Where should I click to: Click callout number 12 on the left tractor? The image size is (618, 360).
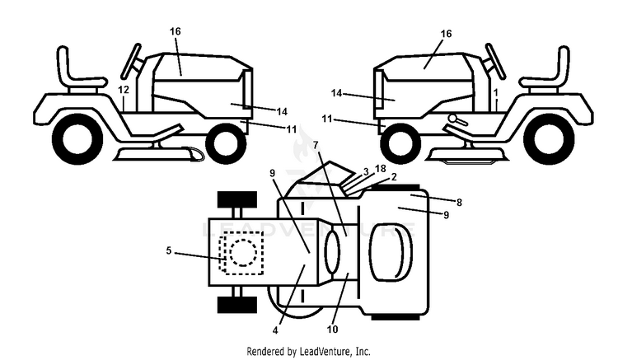tap(124, 90)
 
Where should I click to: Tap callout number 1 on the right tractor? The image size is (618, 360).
tap(496, 93)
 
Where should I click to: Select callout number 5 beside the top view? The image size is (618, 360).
tap(169, 250)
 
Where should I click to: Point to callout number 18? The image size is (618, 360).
tap(381, 169)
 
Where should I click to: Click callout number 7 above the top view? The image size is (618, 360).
tap(316, 145)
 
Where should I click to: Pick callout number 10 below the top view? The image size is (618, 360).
tap(332, 329)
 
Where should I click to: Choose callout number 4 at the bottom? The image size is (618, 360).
tap(275, 330)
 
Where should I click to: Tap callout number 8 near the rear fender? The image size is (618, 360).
tap(459, 203)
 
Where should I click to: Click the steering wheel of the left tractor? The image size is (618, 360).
tap(131, 60)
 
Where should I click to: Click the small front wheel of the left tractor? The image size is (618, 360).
tap(226, 144)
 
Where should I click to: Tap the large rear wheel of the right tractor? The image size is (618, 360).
tap(549, 138)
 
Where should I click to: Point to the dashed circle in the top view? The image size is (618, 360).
tap(243, 253)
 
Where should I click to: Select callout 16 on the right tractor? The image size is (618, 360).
tap(446, 34)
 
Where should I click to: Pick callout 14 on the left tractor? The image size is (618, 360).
tap(282, 111)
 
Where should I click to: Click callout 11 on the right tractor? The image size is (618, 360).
tap(327, 118)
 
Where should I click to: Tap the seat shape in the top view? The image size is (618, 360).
tap(391, 252)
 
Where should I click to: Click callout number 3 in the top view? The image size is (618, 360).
tap(366, 171)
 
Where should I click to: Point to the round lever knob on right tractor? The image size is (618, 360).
tap(452, 118)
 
